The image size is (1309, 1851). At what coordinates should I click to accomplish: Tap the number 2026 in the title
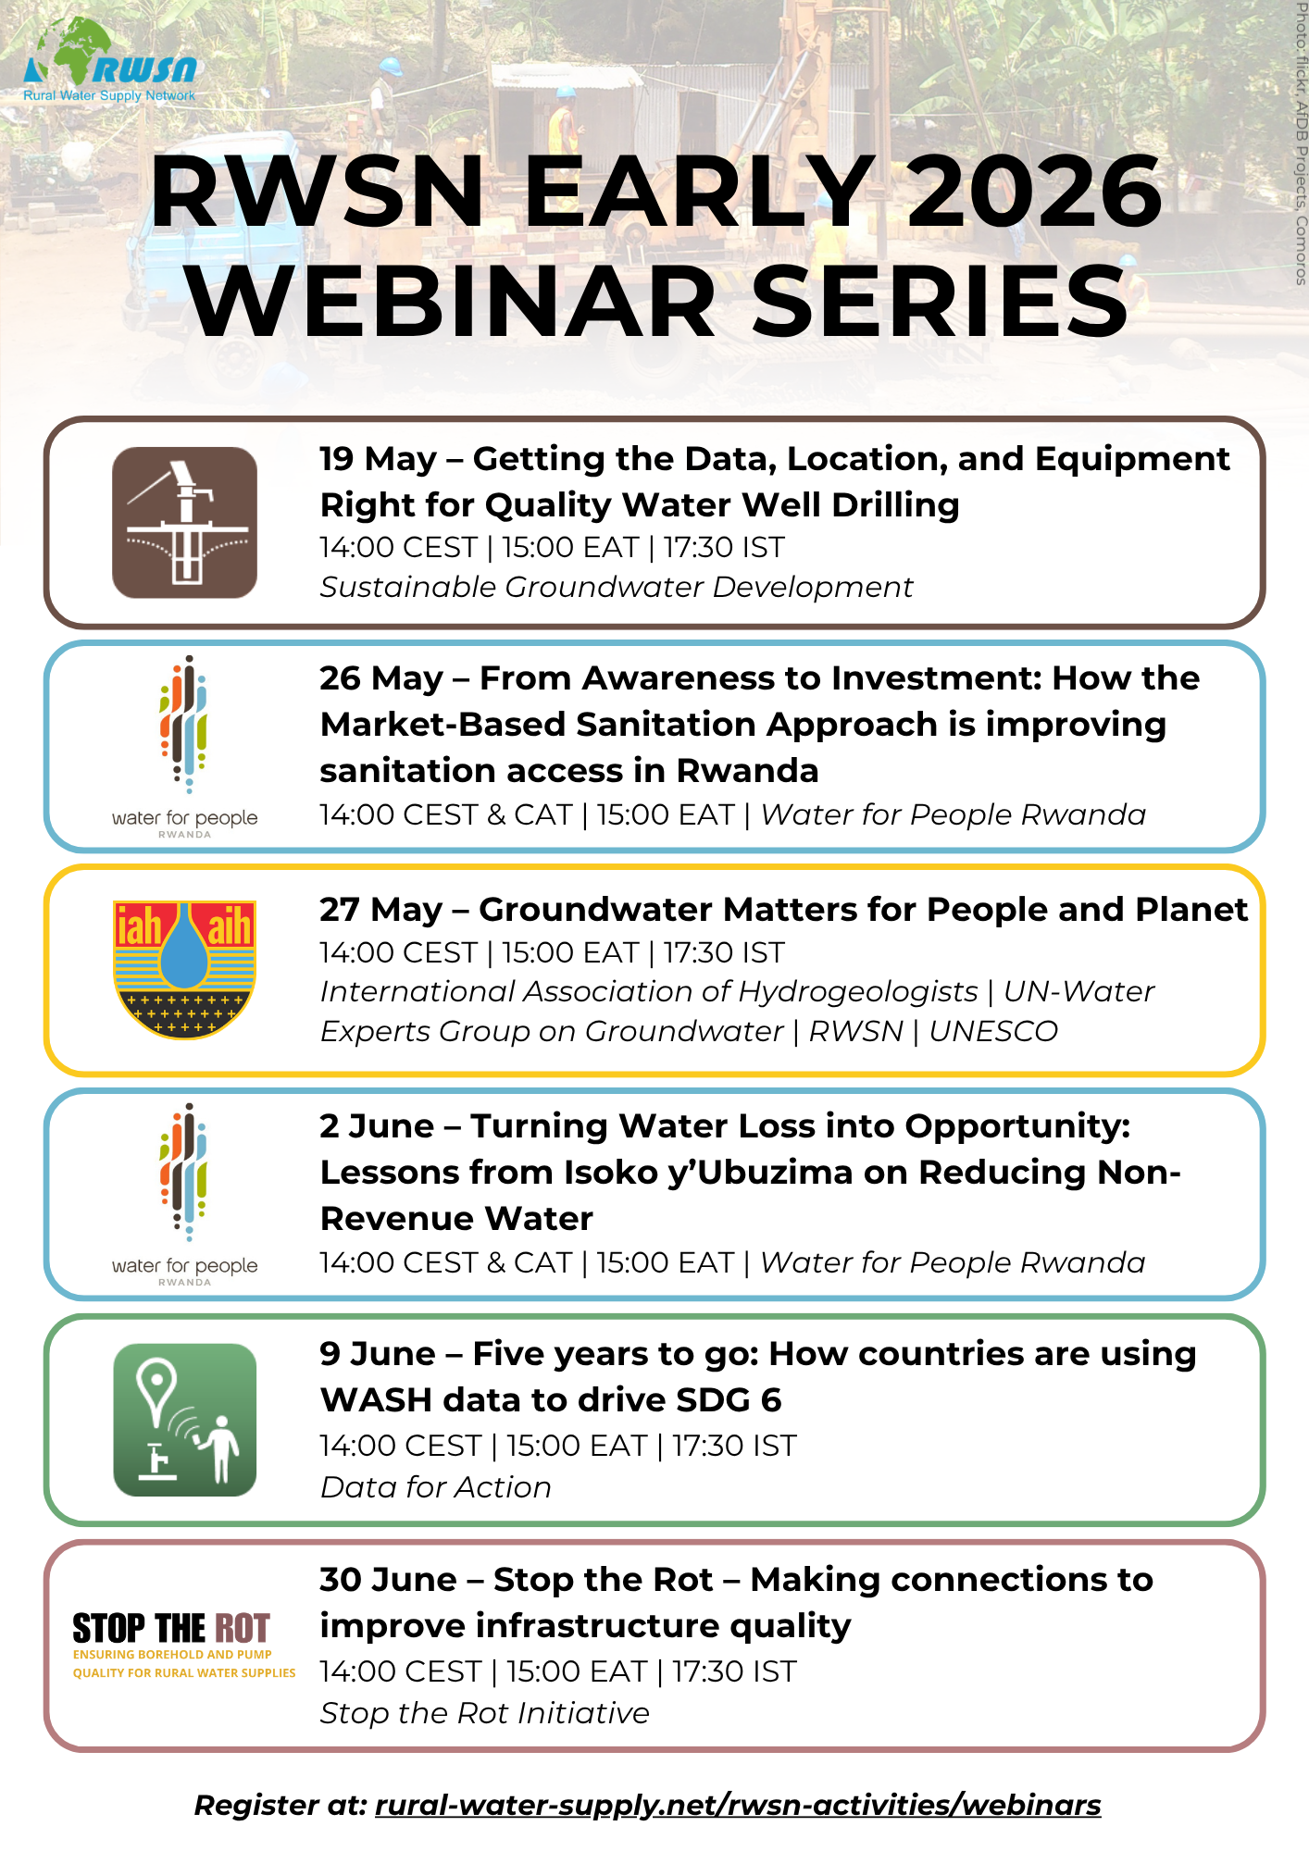pos(1034,191)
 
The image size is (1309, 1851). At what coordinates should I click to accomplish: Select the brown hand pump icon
pos(185,522)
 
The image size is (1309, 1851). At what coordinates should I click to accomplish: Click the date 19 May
pos(378,459)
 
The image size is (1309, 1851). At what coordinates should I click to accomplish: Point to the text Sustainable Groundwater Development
pos(617,587)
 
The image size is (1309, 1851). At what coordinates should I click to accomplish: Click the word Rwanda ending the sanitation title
pos(747,770)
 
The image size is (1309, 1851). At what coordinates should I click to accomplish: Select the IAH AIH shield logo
pos(185,969)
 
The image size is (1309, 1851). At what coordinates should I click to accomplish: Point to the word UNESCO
pos(993,1031)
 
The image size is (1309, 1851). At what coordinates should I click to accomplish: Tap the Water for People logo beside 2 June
pos(185,1194)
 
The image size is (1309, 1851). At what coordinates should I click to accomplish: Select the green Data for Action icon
pos(185,1420)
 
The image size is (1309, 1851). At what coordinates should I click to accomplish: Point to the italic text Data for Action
pos(436,1487)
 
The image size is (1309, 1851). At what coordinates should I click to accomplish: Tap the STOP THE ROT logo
pos(184,1645)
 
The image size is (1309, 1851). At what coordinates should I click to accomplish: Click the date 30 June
pos(389,1580)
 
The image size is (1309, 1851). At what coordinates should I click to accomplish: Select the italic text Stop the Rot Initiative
pos(485,1713)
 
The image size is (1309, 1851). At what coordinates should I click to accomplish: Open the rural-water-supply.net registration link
pos(738,1806)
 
